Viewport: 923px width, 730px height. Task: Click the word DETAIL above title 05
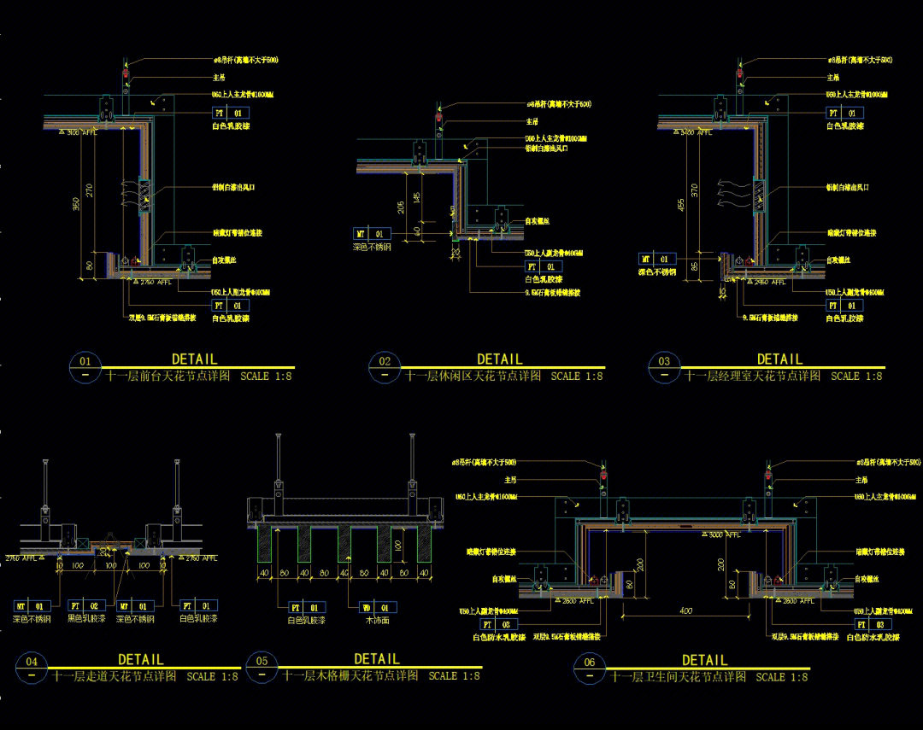coord(377,658)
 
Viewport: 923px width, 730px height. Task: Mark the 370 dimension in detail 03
coord(695,190)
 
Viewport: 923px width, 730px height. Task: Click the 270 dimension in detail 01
coord(88,190)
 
